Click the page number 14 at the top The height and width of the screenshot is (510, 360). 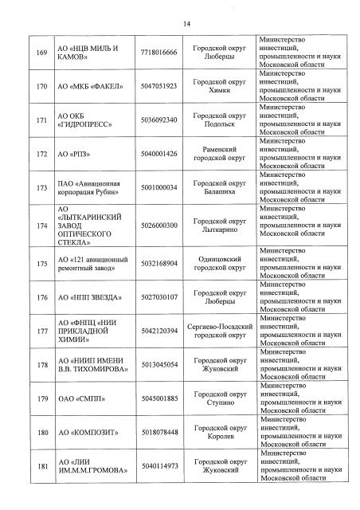click(x=187, y=25)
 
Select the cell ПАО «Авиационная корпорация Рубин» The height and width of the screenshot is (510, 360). click(x=90, y=186)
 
